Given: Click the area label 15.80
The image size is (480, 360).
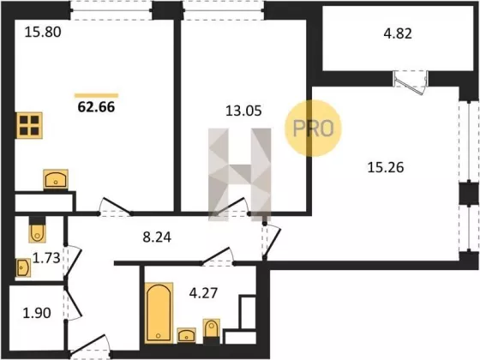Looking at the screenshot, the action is [x=43, y=33].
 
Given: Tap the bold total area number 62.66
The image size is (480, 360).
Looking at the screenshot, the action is [x=96, y=107].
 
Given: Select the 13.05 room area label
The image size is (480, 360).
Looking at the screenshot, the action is [x=243, y=111].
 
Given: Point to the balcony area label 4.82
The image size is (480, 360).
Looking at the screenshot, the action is [x=398, y=33].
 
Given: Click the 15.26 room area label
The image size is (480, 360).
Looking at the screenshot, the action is [x=386, y=167].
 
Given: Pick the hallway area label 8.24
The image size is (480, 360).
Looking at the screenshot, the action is [x=157, y=237].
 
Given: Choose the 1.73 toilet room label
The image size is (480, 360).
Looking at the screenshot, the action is [x=46, y=258].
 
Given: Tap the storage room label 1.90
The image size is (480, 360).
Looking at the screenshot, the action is [x=37, y=313].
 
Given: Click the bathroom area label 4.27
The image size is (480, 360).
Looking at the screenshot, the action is [x=203, y=293].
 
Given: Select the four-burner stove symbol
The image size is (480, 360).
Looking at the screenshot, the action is [x=29, y=125].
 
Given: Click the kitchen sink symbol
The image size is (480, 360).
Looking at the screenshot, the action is [x=56, y=179].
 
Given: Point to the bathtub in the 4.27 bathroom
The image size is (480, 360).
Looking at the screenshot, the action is [x=159, y=313].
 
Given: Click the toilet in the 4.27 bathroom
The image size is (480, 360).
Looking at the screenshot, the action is [x=212, y=331].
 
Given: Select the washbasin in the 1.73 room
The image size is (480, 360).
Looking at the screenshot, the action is [x=23, y=267].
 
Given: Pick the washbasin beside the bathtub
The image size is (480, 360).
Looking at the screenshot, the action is [x=187, y=335].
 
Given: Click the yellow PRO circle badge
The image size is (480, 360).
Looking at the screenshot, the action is [x=313, y=129].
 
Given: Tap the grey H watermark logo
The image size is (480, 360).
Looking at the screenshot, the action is [x=240, y=175].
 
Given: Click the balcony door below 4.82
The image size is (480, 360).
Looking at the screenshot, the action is [x=411, y=81].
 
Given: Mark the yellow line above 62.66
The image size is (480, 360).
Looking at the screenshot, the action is [x=96, y=95].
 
